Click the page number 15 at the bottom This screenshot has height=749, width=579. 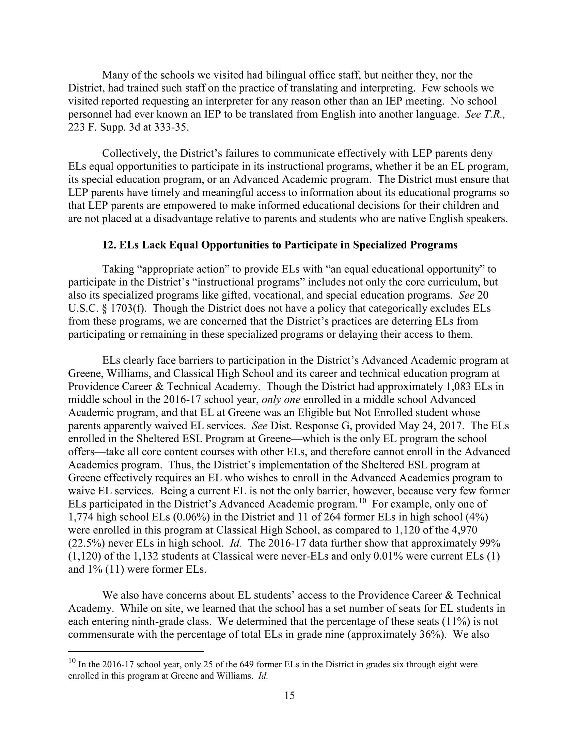coord(289,696)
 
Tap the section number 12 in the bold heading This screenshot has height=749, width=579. coord(109,245)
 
